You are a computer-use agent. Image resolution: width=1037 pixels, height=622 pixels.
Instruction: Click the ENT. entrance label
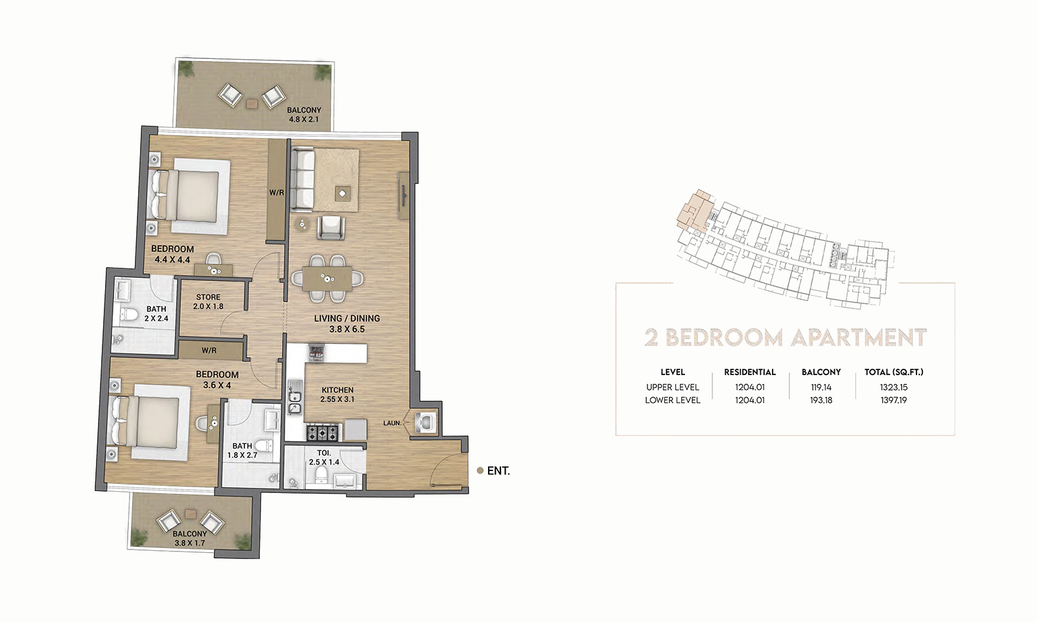(498, 471)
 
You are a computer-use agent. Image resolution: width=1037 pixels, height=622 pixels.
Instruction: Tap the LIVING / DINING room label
(347, 323)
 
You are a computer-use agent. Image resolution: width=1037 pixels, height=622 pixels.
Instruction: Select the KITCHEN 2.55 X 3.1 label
(338, 395)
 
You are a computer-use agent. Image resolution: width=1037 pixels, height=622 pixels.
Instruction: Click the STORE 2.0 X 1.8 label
(208, 302)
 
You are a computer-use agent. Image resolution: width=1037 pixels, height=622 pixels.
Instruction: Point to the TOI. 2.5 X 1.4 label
(324, 457)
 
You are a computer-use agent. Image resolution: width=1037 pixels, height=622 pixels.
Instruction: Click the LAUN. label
(391, 423)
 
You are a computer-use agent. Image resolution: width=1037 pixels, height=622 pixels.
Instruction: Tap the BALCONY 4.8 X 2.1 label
(304, 115)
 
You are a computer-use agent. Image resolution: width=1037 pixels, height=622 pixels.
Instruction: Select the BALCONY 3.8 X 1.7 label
(190, 538)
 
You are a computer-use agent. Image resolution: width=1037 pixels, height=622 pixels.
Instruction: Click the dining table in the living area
(327, 279)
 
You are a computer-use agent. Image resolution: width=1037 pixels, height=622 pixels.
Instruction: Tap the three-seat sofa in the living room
(301, 179)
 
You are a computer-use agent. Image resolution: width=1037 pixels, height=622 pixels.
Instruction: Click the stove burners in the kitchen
(322, 431)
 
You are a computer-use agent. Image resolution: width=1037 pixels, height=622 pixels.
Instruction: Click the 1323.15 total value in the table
(894, 387)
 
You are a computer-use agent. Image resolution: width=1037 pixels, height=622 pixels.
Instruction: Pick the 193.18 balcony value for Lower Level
(821, 400)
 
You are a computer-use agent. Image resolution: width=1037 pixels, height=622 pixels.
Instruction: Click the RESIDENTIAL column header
(750, 372)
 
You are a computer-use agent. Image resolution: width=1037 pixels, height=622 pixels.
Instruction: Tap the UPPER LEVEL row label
(672, 387)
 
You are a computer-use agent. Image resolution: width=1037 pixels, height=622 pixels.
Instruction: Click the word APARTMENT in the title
(859, 338)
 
